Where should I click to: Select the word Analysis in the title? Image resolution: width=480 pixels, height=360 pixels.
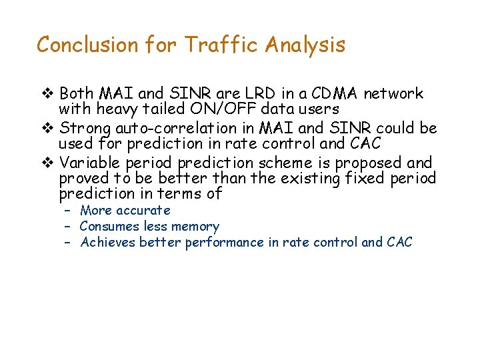point(305,45)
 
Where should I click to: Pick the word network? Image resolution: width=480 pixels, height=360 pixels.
point(393,93)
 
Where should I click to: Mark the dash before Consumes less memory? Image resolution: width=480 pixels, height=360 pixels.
point(67,227)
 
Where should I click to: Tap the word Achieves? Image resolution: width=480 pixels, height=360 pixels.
point(108,243)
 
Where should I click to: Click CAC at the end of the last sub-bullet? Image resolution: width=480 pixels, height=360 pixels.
point(399,243)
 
